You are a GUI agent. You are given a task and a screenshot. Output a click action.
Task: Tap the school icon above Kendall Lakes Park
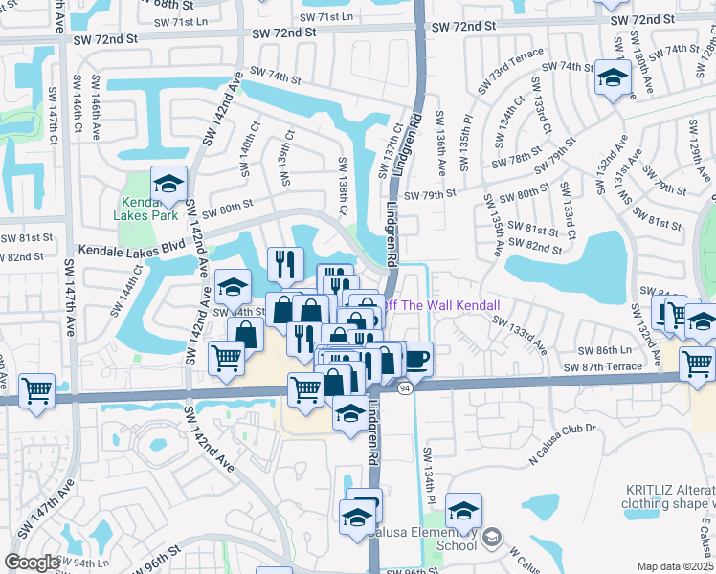(x=168, y=184)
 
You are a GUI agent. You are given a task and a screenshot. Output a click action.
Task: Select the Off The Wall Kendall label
(x=442, y=305)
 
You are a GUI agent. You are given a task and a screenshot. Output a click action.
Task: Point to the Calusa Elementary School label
(x=443, y=539)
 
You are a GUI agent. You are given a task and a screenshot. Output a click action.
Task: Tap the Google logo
(x=33, y=563)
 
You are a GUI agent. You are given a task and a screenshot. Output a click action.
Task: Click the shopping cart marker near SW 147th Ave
(x=36, y=390)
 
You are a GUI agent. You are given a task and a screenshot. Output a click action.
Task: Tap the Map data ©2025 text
(x=676, y=566)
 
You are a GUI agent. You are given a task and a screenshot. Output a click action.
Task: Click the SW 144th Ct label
(x=132, y=283)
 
